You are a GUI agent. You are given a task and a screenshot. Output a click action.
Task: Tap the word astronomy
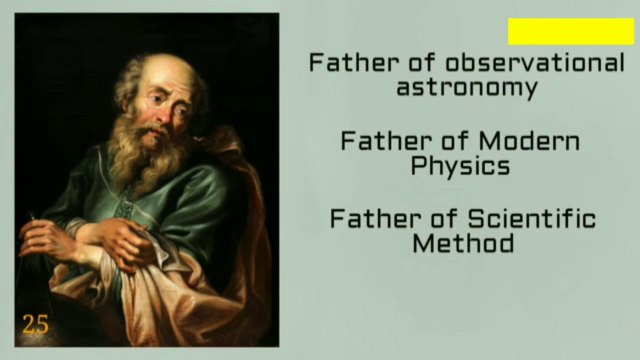click(x=467, y=88)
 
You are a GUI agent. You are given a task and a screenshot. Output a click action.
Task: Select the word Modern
click(x=529, y=140)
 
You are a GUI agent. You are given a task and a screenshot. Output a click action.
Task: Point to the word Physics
click(x=460, y=165)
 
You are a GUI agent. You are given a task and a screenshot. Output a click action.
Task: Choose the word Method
click(x=462, y=243)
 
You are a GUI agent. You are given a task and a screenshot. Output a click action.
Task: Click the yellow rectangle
click(x=571, y=31)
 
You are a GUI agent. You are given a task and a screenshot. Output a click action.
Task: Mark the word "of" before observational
click(x=408, y=63)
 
